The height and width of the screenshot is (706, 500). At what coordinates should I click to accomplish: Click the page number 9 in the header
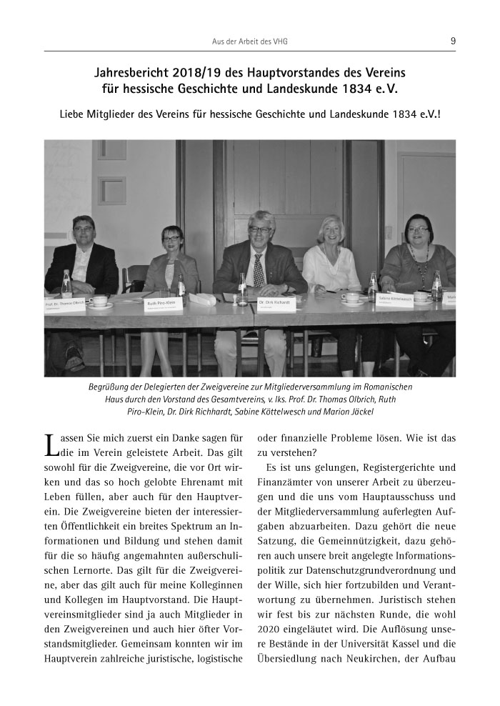[453, 41]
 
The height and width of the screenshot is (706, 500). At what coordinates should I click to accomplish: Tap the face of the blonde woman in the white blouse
[330, 231]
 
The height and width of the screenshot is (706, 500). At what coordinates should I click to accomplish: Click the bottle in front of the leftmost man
[66, 284]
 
